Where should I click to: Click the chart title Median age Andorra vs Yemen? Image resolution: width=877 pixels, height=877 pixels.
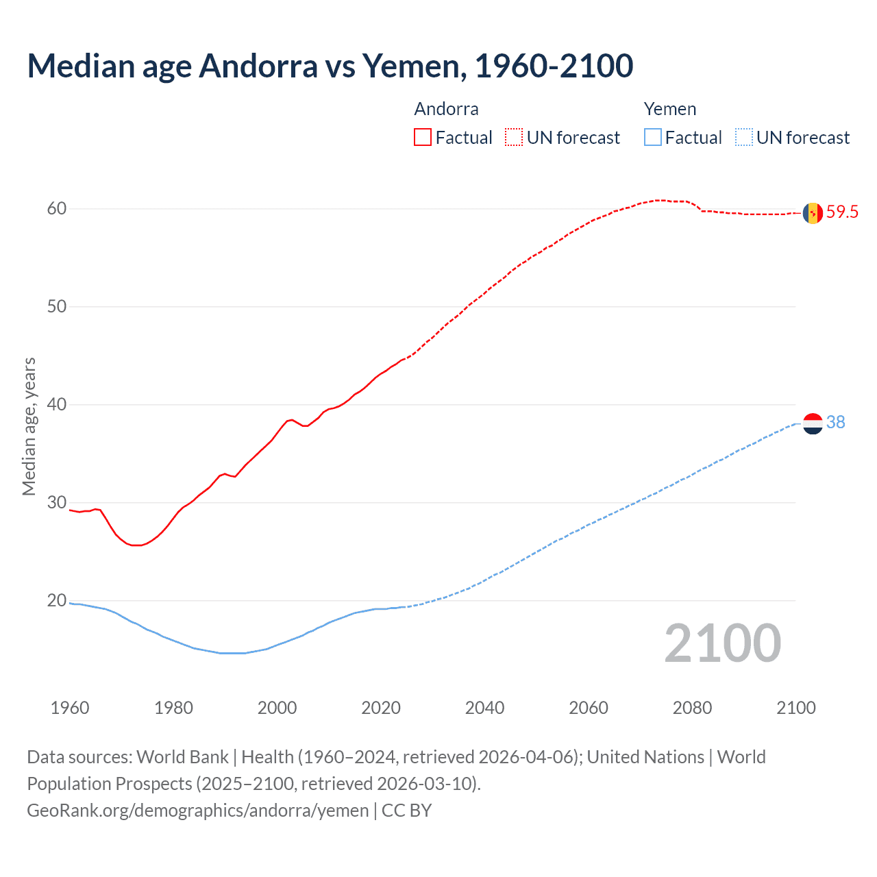(330, 66)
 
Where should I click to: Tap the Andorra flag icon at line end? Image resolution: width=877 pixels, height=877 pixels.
(813, 212)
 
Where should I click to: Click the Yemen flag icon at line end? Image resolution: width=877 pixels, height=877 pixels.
(813, 423)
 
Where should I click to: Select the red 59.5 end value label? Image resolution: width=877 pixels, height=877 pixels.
(842, 212)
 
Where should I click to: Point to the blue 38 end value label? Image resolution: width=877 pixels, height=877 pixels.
(836, 423)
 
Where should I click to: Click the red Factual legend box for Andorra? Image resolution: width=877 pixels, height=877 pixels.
(423, 138)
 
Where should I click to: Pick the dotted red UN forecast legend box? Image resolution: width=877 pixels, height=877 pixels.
(514, 138)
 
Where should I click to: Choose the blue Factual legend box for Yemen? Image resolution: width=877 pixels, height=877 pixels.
(653, 138)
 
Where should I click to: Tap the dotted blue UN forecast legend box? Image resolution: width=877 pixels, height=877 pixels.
(743, 138)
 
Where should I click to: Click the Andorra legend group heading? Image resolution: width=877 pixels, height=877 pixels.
(446, 109)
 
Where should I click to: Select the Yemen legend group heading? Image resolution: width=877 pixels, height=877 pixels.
(669, 109)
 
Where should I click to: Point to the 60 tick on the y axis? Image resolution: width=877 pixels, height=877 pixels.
(57, 208)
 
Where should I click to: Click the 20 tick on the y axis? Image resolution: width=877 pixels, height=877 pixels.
(57, 601)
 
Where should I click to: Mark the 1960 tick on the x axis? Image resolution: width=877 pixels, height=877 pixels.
(70, 708)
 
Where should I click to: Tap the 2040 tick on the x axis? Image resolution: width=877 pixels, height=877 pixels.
(484, 708)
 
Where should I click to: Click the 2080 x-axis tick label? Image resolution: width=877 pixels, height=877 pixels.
(692, 708)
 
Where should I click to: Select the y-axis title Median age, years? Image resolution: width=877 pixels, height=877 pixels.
(29, 426)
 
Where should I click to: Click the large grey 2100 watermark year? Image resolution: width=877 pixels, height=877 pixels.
(722, 643)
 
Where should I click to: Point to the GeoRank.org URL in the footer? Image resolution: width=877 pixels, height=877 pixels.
(197, 811)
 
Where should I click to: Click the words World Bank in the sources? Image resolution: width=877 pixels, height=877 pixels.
(182, 757)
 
